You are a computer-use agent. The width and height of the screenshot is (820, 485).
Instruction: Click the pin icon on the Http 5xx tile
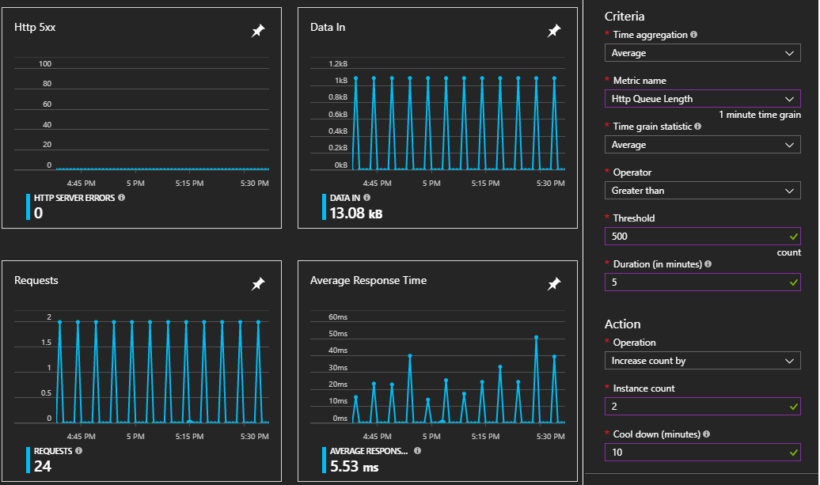tap(258, 31)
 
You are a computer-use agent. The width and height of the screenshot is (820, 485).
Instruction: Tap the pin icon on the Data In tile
tap(554, 31)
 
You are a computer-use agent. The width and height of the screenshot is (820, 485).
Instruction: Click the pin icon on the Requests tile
tap(258, 284)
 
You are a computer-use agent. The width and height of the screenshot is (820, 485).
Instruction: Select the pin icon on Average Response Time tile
tap(554, 284)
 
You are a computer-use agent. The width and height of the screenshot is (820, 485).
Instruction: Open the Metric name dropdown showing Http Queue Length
tap(702, 99)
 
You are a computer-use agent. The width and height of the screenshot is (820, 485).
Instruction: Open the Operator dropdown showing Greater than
tap(702, 191)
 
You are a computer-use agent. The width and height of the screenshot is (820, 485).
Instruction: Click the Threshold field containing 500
tap(702, 237)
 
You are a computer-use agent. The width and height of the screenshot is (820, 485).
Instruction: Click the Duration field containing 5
tap(702, 282)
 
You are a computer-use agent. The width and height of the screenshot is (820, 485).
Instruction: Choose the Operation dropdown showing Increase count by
tap(702, 361)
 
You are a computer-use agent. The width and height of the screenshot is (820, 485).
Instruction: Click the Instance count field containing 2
tap(702, 407)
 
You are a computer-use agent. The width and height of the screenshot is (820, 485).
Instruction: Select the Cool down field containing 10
tap(702, 453)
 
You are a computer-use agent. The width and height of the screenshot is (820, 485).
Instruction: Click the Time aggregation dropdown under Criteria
tap(702, 53)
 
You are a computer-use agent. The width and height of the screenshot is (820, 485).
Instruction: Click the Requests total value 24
tap(44, 467)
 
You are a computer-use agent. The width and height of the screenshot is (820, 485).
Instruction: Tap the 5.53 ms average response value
tap(355, 467)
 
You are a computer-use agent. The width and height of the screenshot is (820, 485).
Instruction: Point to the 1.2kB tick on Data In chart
tap(338, 64)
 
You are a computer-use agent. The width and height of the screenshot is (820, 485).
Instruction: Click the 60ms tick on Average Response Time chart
tap(338, 317)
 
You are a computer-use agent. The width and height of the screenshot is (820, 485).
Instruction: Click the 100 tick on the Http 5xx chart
tap(44, 64)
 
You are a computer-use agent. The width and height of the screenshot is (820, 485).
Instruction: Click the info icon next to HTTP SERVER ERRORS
tap(122, 197)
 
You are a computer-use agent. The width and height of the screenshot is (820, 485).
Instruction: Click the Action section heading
tap(622, 324)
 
